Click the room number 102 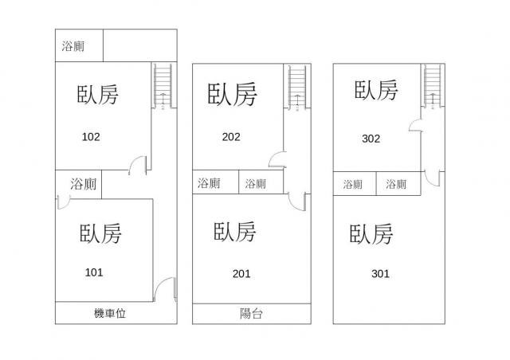[91, 136]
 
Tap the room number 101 [94, 272]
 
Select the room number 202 [231, 136]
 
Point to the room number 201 [241, 274]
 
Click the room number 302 [371, 138]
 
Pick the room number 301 [380, 274]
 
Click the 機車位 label [110, 314]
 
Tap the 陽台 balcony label [251, 314]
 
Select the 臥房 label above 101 [100, 234]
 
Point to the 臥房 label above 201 [236, 233]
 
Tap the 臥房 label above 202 [232, 93]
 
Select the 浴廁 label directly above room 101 [83, 184]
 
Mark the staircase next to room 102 [163, 85]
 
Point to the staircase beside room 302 [433, 85]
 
